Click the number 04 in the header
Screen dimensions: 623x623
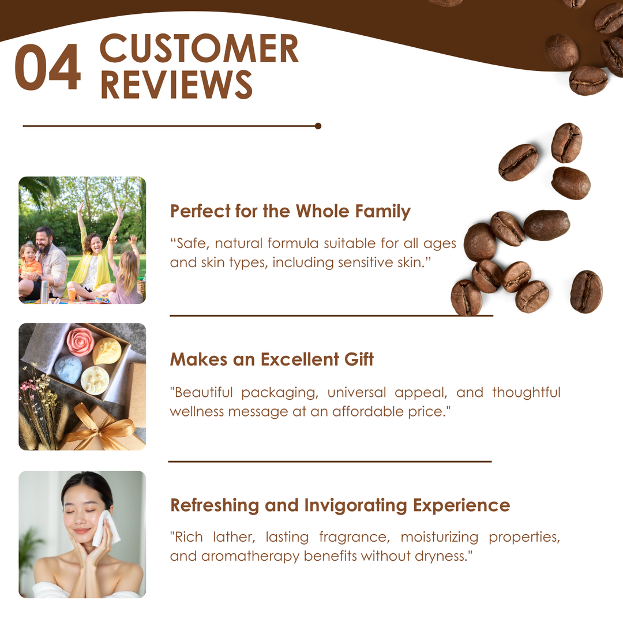pyautogui.click(x=48, y=67)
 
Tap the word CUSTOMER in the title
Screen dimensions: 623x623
pyautogui.click(x=199, y=48)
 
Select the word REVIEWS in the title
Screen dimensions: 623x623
pyautogui.click(x=177, y=84)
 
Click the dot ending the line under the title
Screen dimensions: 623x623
pyautogui.click(x=318, y=126)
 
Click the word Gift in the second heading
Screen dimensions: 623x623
pyautogui.click(x=359, y=359)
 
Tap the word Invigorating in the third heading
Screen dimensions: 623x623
pyautogui.click(x=356, y=506)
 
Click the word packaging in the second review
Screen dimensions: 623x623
pyautogui.click(x=280, y=393)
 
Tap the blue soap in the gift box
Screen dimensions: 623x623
pyautogui.click(x=68, y=370)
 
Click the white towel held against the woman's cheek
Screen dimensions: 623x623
pyautogui.click(x=105, y=528)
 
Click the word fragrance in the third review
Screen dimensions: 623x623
pyautogui.click(x=354, y=538)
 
